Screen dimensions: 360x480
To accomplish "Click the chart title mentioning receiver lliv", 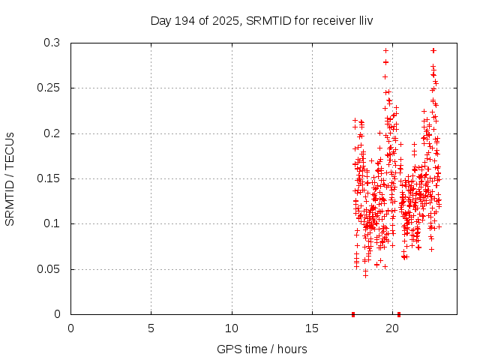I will coord(262,20).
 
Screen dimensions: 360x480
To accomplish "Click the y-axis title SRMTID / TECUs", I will coord(10,178).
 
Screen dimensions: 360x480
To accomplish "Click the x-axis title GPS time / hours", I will coord(262,349).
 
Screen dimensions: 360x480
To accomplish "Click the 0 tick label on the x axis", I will coord(71,328).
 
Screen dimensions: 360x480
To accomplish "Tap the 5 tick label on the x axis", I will coord(151,328).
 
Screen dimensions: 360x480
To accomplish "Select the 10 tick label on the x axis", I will coord(232,328).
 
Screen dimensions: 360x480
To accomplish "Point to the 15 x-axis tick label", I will coord(312,328).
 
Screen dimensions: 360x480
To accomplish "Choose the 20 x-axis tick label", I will coord(392,328).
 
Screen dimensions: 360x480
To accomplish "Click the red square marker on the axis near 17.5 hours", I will coord(353,314).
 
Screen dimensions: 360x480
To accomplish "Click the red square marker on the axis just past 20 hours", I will coord(399,314).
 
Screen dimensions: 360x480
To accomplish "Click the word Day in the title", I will coord(161,20).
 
